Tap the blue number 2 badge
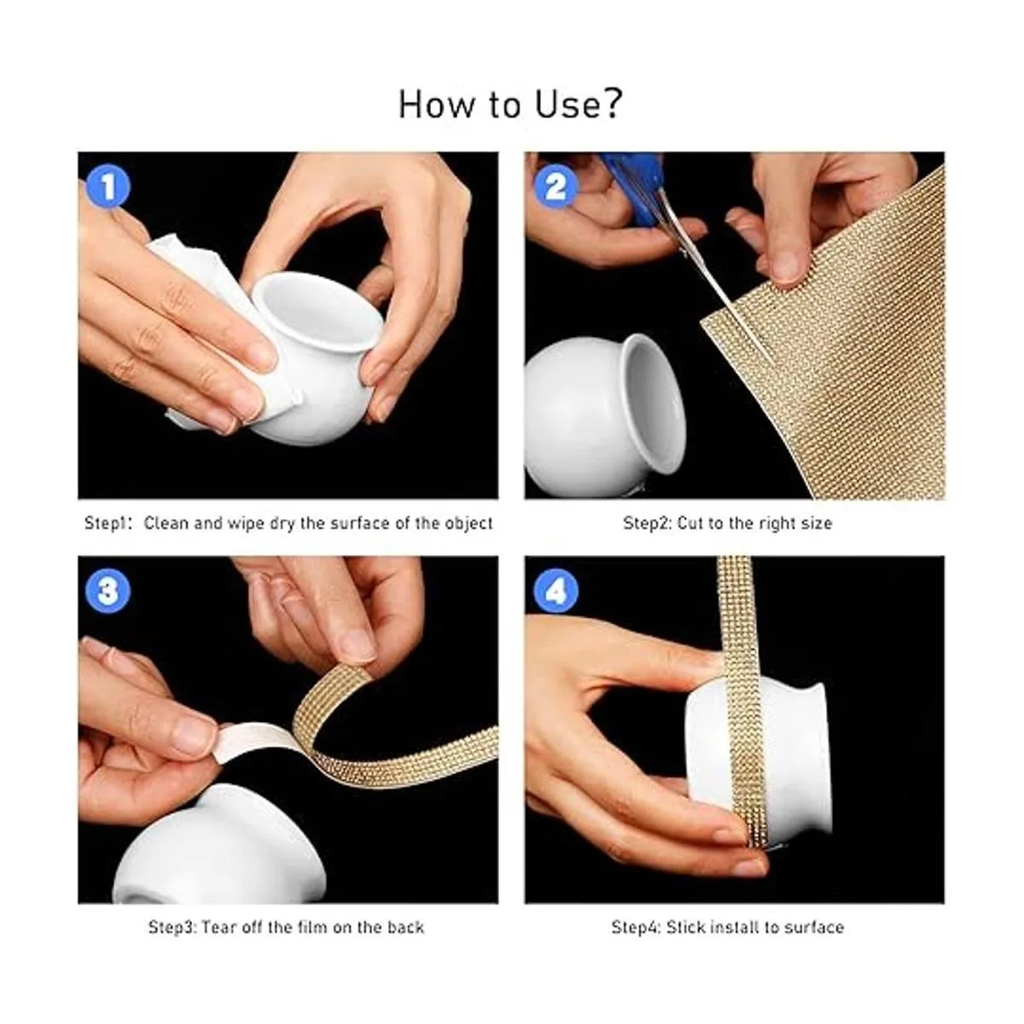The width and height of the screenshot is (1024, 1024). tap(555, 187)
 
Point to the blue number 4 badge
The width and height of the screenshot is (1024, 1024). tap(555, 591)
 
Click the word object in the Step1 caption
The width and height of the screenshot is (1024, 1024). tap(468, 524)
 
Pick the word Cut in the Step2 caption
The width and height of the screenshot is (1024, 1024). tap(691, 523)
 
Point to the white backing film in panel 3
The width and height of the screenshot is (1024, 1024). tap(255, 739)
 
